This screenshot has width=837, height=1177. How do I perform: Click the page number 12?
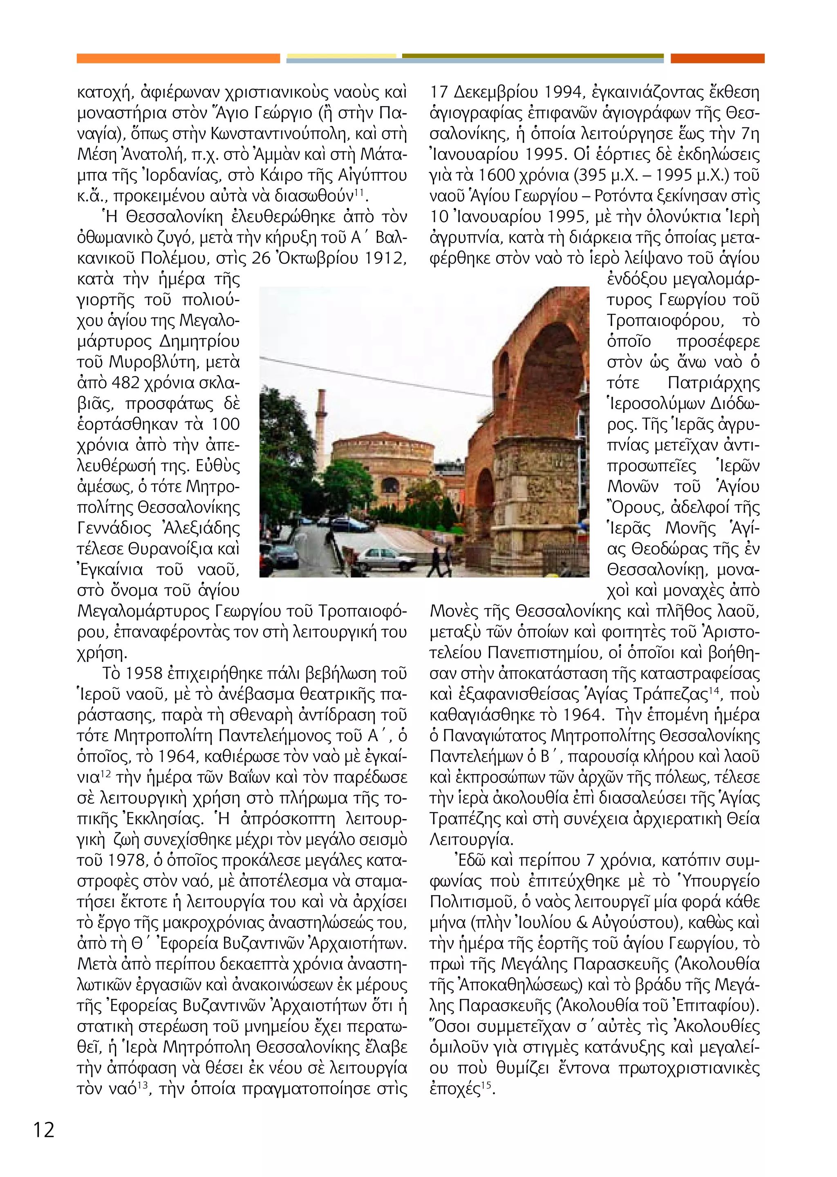click(44, 1130)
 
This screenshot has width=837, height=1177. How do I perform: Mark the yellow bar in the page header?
click(341, 56)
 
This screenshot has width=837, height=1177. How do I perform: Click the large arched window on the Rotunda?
click(390, 485)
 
